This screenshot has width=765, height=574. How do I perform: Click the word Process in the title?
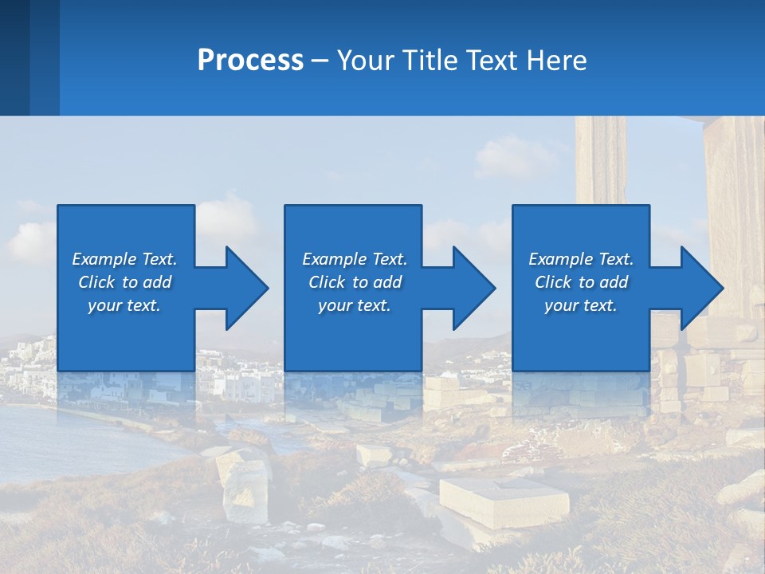click(x=250, y=61)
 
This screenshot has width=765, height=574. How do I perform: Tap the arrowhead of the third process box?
click(x=700, y=288)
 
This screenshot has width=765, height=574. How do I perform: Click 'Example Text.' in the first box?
click(x=124, y=259)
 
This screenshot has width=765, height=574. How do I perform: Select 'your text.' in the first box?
click(x=124, y=305)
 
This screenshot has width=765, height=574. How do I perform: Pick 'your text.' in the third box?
click(x=581, y=305)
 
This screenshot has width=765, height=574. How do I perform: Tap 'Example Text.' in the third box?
click(x=581, y=259)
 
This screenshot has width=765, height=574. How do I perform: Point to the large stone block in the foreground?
click(x=504, y=499)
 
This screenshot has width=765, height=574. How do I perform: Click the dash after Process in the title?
click(x=320, y=61)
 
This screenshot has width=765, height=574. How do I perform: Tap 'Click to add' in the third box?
click(x=581, y=282)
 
